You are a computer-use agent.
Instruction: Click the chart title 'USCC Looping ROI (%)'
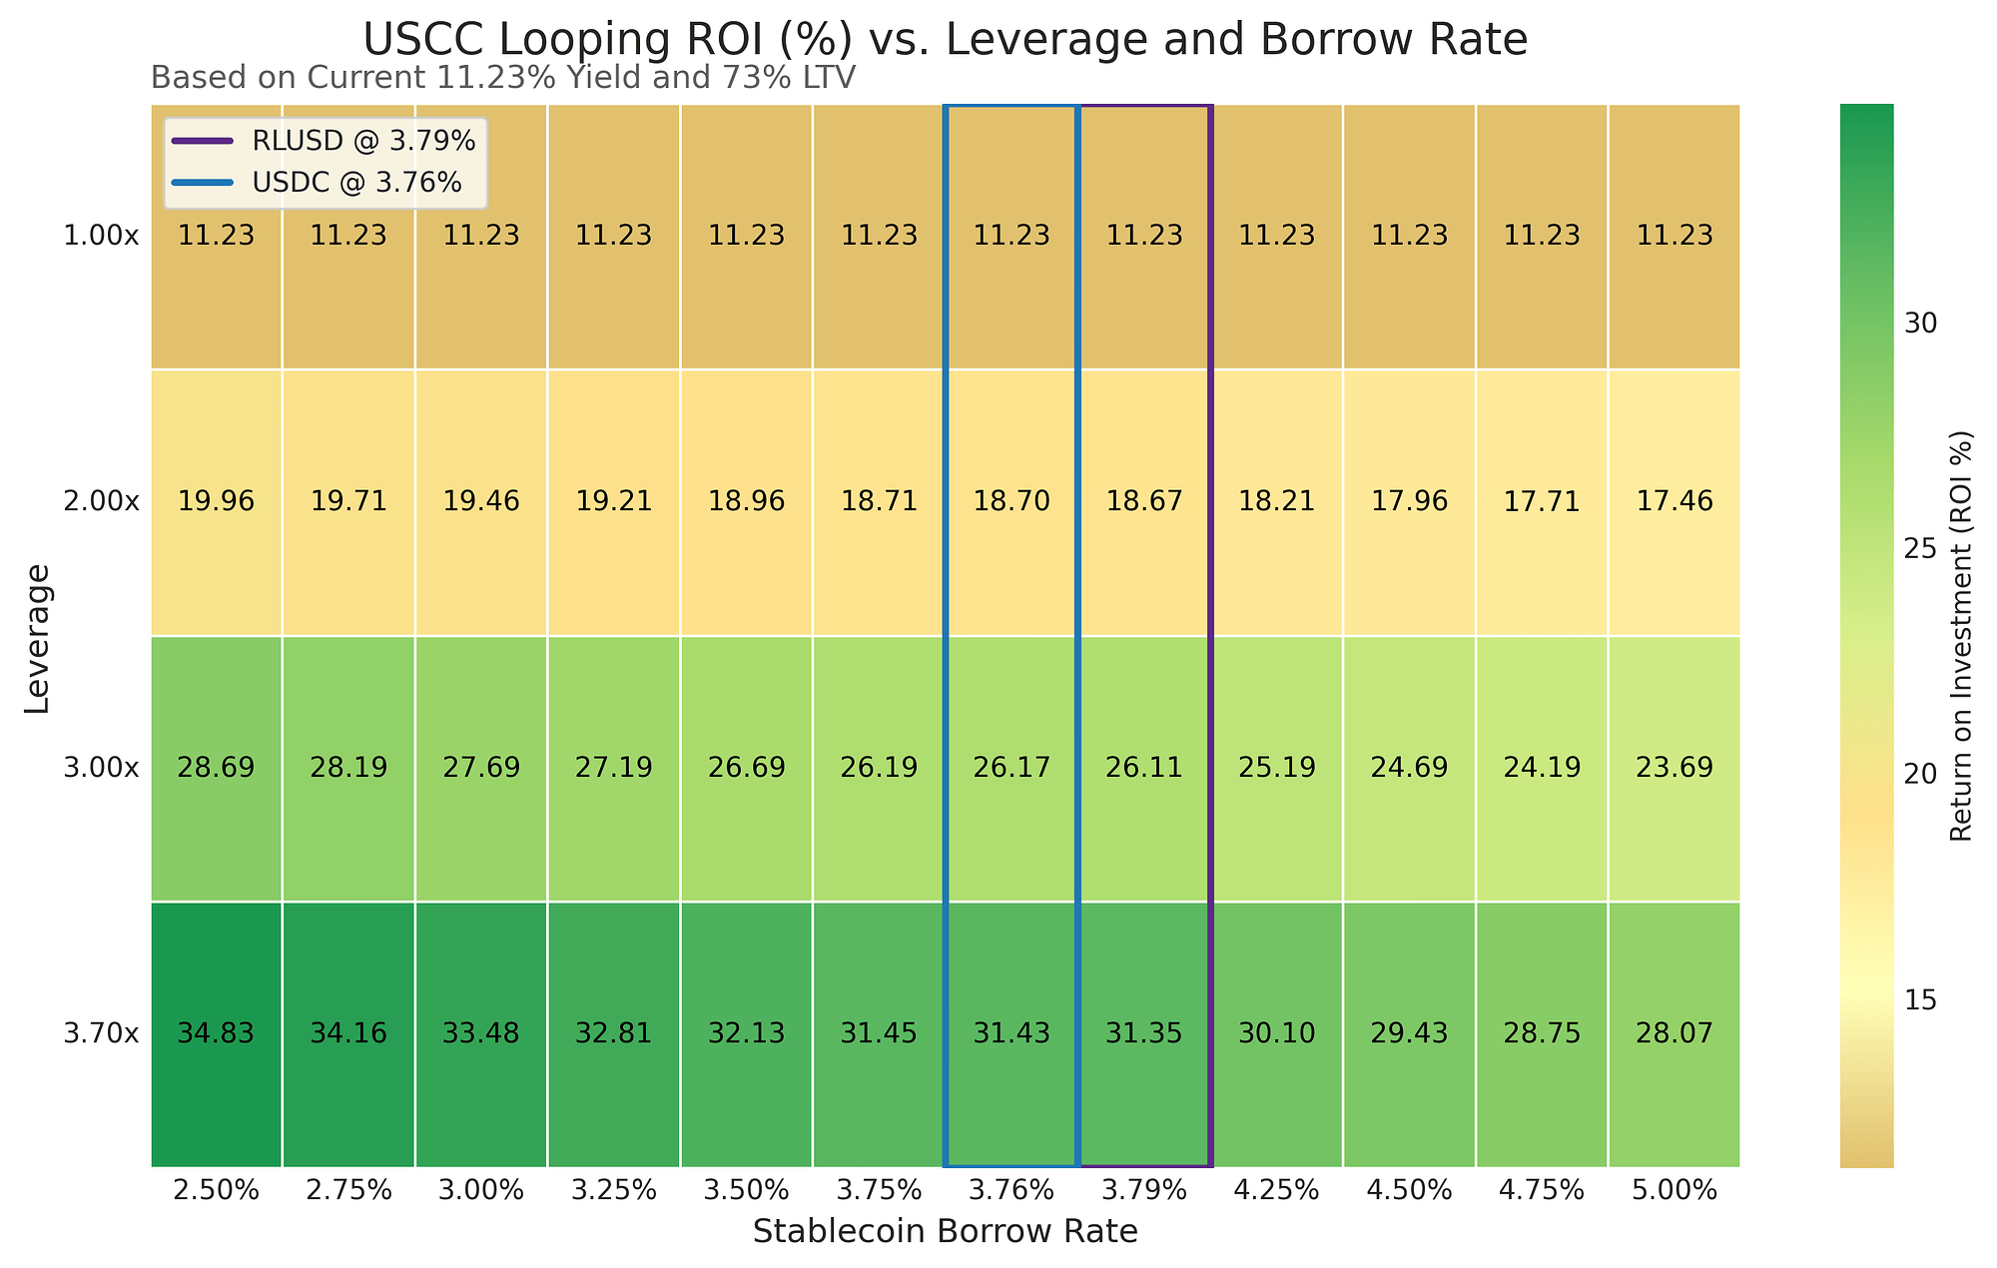944,41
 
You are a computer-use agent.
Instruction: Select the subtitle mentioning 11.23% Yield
502,78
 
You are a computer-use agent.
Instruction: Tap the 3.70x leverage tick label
101,1034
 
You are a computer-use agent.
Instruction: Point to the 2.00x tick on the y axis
101,502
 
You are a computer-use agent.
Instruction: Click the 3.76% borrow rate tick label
1011,1190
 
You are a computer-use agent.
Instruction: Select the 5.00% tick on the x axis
1674,1190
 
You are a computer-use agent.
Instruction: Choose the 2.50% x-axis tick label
216,1190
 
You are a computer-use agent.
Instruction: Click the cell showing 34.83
216,1034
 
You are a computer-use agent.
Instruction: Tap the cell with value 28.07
1674,1034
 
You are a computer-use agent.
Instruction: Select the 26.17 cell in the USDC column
1011,768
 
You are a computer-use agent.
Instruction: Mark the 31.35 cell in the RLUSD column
1144,1034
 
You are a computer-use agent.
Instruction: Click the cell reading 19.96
216,502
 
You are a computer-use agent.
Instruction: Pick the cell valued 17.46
1674,502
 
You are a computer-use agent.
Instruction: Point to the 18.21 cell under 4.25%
1277,502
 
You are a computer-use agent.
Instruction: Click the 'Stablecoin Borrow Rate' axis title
945,1232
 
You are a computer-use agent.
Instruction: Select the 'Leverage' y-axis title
37,638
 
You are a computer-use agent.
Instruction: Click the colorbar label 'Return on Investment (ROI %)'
1961,636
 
